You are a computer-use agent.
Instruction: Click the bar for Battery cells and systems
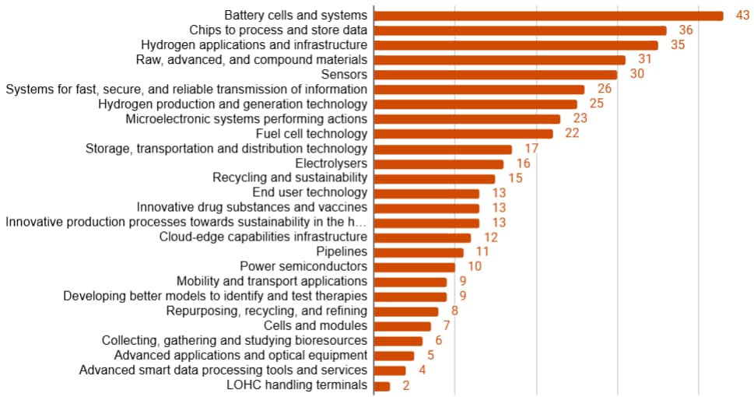(549, 16)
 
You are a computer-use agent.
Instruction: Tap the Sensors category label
(344, 75)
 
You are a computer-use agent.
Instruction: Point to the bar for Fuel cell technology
(464, 134)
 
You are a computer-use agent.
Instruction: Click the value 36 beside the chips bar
(686, 30)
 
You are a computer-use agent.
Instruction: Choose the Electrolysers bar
(439, 163)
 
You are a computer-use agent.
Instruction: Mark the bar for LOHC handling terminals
(382, 385)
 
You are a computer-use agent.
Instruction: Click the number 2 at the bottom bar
(406, 385)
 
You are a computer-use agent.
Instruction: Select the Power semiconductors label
(303, 267)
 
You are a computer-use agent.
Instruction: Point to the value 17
(531, 149)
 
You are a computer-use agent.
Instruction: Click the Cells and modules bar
(402, 326)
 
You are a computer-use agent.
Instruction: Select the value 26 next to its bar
(604, 90)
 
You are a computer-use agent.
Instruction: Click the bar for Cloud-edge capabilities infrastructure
(423, 237)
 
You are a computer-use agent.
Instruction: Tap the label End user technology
(310, 193)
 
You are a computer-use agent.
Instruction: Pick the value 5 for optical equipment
(430, 356)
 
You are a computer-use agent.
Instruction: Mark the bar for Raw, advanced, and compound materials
(500, 60)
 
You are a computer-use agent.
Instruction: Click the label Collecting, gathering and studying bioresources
(234, 341)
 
